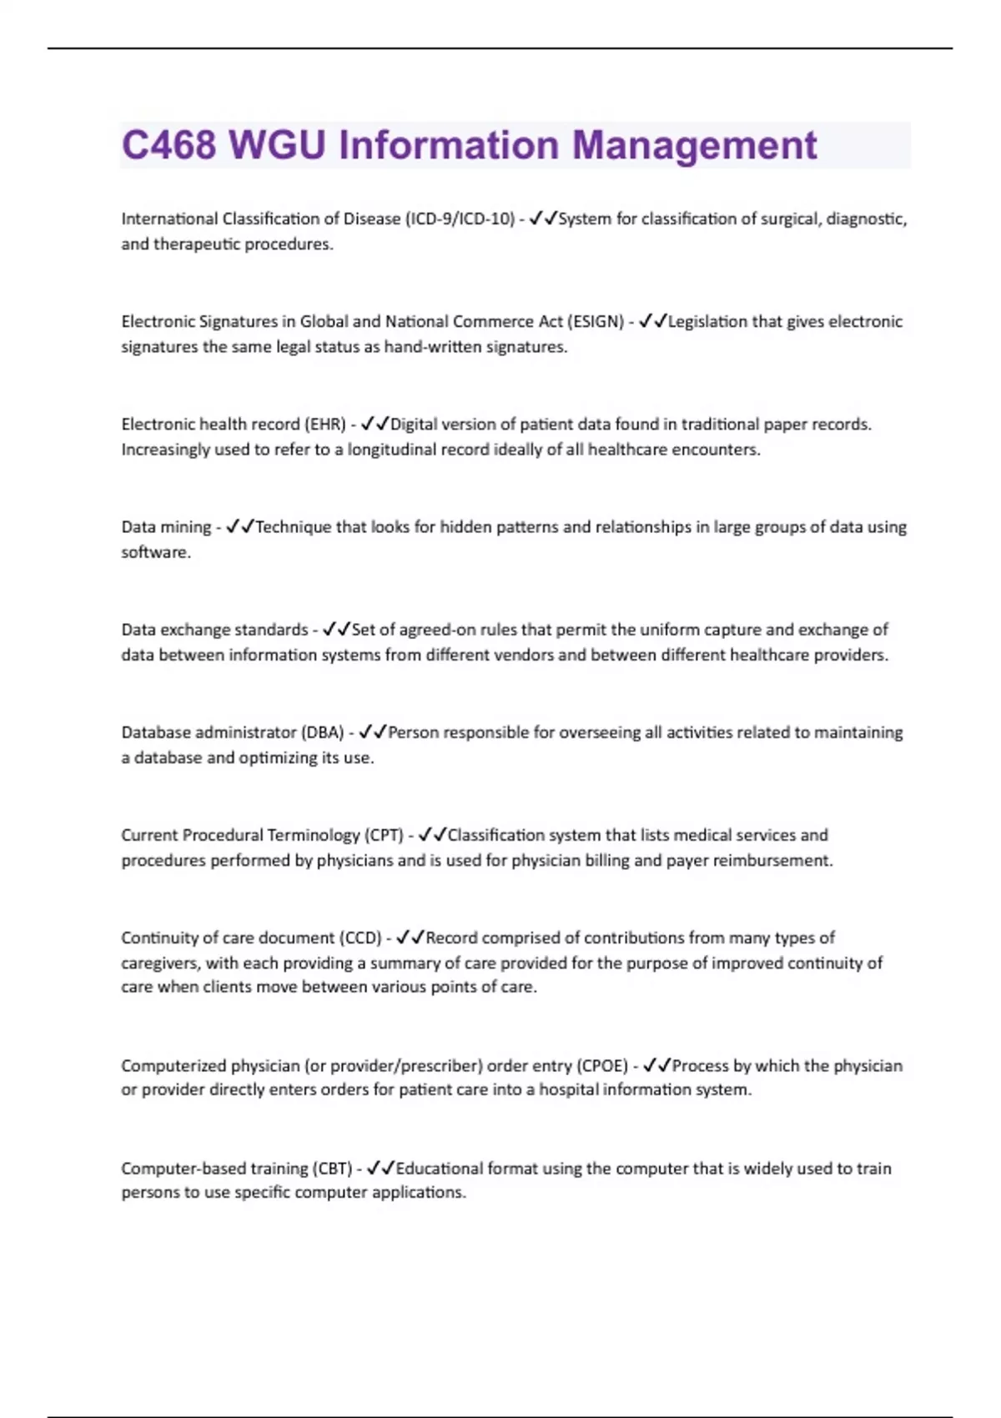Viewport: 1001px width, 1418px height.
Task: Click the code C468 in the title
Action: click(x=169, y=145)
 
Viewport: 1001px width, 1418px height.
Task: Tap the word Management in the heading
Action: click(x=694, y=145)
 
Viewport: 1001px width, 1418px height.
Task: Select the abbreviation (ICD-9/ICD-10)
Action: click(x=460, y=219)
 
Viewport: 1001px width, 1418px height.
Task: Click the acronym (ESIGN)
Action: click(x=596, y=321)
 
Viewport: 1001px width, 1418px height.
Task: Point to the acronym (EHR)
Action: click(x=324, y=424)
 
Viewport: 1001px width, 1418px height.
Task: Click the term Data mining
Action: click(x=166, y=527)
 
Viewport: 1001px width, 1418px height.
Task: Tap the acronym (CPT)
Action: click(x=383, y=835)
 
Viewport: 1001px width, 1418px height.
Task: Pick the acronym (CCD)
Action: click(x=360, y=938)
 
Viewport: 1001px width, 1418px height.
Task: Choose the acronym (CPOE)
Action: click(x=602, y=1065)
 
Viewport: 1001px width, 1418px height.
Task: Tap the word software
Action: click(x=154, y=552)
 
